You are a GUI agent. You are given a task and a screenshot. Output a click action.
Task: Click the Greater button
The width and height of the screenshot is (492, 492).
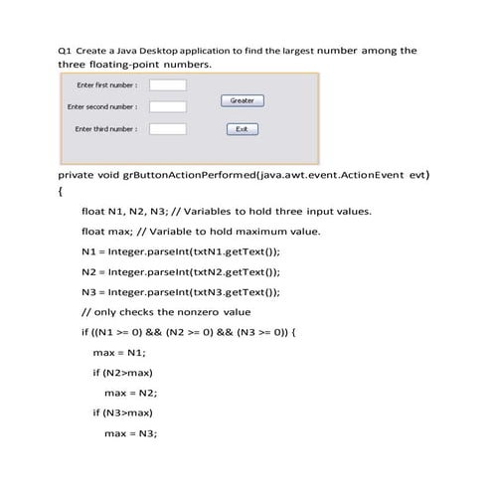[x=241, y=100]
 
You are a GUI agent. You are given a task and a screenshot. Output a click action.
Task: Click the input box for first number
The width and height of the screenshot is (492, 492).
[x=167, y=84]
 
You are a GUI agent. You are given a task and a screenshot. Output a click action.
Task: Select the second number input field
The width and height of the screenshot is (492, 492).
[x=167, y=106]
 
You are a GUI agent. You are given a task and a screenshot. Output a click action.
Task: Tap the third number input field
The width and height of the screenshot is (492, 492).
[x=167, y=129]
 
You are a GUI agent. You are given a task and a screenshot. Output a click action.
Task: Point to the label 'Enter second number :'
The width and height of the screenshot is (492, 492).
[x=101, y=106]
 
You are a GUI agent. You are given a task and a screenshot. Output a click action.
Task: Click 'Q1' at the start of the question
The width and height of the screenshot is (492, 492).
[x=65, y=51]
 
